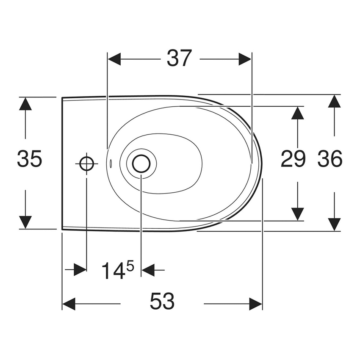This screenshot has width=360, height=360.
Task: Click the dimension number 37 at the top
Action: [179, 58]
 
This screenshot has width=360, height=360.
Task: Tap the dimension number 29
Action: [293, 159]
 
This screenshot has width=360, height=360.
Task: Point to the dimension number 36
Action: [330, 159]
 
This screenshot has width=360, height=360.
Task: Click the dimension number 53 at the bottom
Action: [162, 302]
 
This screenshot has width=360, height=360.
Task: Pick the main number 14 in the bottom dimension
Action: [113, 271]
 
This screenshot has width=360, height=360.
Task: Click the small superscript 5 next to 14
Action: [130, 266]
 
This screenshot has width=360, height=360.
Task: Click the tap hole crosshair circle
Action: [86, 163]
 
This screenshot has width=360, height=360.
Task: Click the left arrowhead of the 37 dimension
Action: [114, 59]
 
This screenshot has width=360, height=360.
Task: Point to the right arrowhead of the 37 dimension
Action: [245, 59]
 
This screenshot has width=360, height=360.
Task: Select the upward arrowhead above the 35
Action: [25, 104]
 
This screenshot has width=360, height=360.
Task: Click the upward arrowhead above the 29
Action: [298, 113]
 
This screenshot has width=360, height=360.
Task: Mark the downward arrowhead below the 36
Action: [335, 224]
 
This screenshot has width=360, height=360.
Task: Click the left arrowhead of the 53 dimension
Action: [69, 304]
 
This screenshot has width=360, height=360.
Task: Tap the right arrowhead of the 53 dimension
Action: [255, 304]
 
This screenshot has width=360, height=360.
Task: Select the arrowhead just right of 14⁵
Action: [147, 269]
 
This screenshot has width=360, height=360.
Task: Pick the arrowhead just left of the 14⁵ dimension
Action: [80, 269]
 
